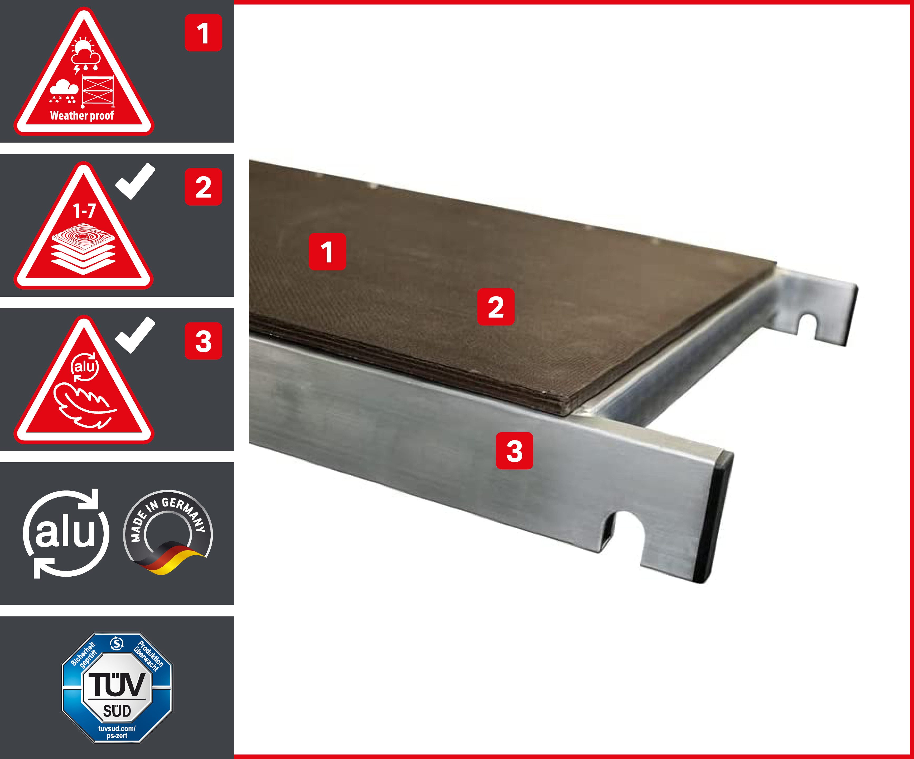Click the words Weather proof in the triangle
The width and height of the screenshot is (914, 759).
[82, 116]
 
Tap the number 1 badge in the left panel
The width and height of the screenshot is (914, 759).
[203, 33]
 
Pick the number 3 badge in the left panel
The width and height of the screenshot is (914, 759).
[203, 341]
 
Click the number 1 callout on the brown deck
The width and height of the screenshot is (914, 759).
[327, 251]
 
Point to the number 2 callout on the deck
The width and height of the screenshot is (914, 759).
[496, 307]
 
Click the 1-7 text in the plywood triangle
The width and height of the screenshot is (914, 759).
[84, 211]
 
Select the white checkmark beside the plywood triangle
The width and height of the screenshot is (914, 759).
[135, 181]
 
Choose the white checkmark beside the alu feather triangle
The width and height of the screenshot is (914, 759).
[135, 335]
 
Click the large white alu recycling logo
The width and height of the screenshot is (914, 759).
[65, 534]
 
